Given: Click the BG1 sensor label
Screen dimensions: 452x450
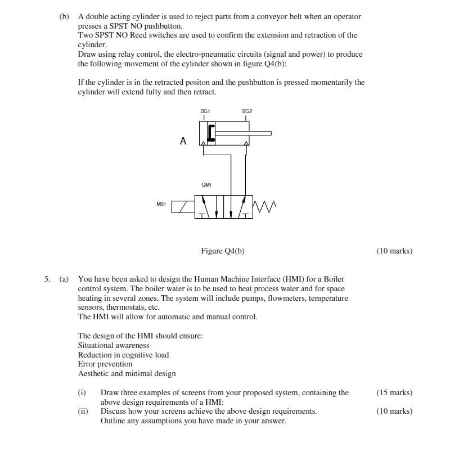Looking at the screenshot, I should pos(205,111).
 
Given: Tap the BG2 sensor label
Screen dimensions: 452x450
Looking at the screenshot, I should pos(247,111).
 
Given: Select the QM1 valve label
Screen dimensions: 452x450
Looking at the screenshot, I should pos(206,184).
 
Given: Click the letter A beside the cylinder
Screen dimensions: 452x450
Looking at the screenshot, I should pos(183,142).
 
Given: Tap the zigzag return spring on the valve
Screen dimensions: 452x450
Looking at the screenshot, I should pos(264,206).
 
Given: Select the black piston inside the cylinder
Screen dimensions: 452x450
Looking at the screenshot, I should pos(210,133).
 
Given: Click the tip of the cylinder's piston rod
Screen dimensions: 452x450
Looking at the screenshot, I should pos(270,133).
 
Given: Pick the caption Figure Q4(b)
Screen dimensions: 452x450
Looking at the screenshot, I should pos(223,251).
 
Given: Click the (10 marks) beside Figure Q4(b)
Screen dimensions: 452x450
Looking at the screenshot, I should pos(394,251).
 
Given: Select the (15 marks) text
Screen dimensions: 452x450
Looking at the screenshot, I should pos(394,393).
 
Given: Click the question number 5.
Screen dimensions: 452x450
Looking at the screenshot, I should pos(49,279).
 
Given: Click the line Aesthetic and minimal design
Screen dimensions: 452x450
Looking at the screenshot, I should pos(127,373).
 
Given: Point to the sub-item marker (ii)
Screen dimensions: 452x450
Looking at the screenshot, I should pos(82,412).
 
